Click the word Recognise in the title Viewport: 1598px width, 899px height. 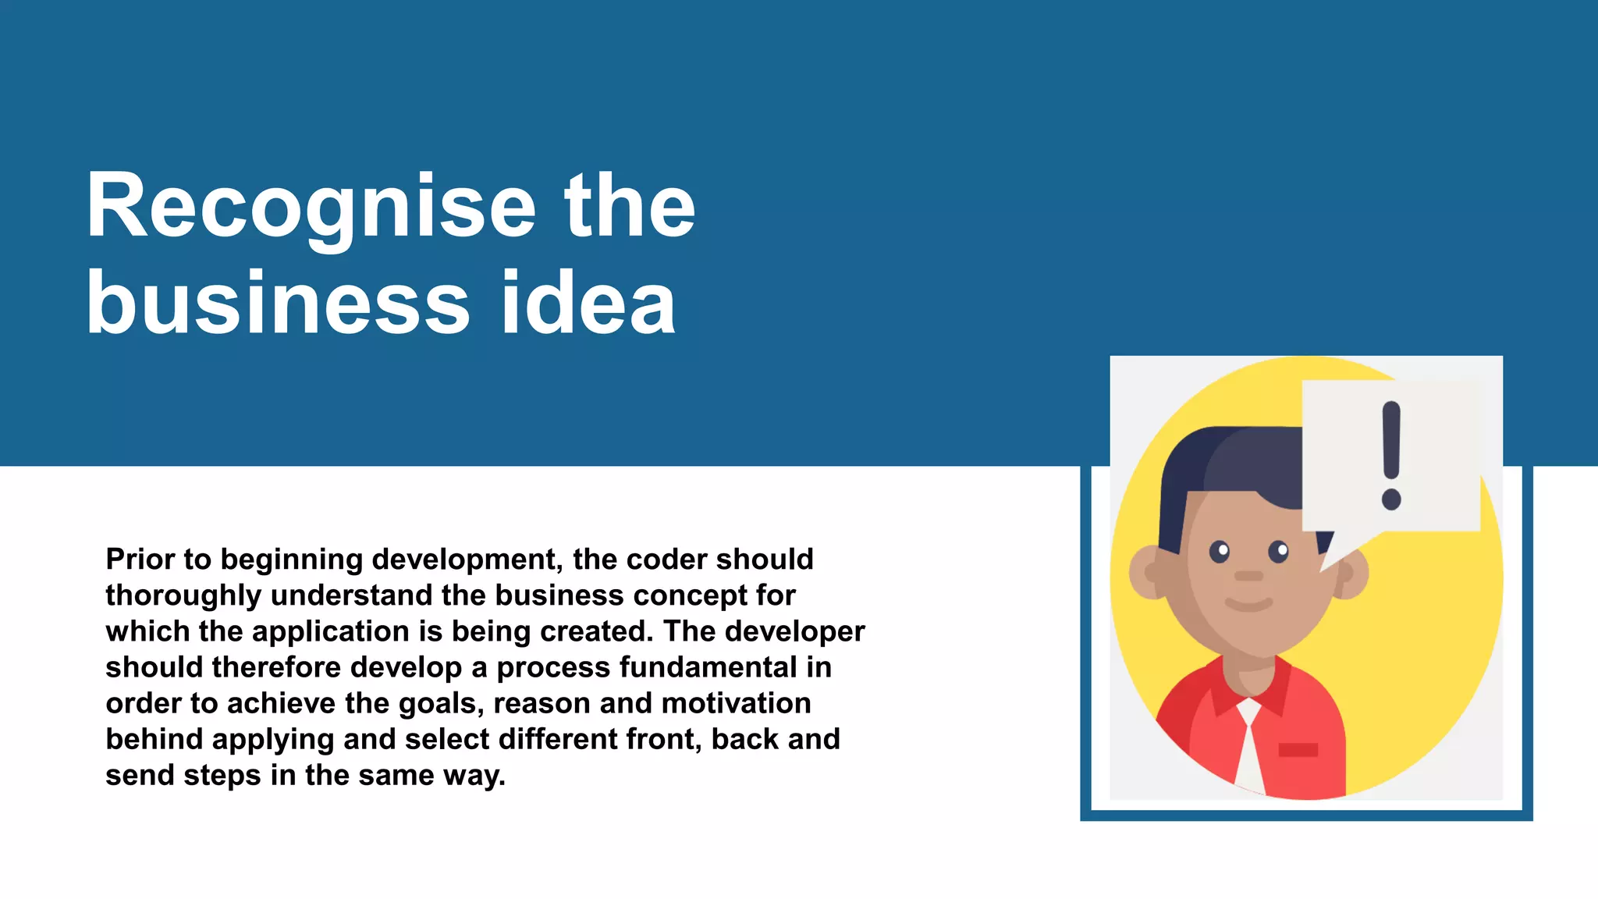coord(311,207)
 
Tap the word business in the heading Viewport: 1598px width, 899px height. coord(278,304)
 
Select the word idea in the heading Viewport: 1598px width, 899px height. coord(588,304)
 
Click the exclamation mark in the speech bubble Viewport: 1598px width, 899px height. coord(1391,455)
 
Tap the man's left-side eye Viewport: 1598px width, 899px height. coord(1220,552)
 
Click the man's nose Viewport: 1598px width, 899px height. coord(1248,576)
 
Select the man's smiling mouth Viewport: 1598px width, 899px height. coord(1248,605)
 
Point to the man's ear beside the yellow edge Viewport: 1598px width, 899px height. coord(1147,572)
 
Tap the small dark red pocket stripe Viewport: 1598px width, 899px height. coord(1298,750)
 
